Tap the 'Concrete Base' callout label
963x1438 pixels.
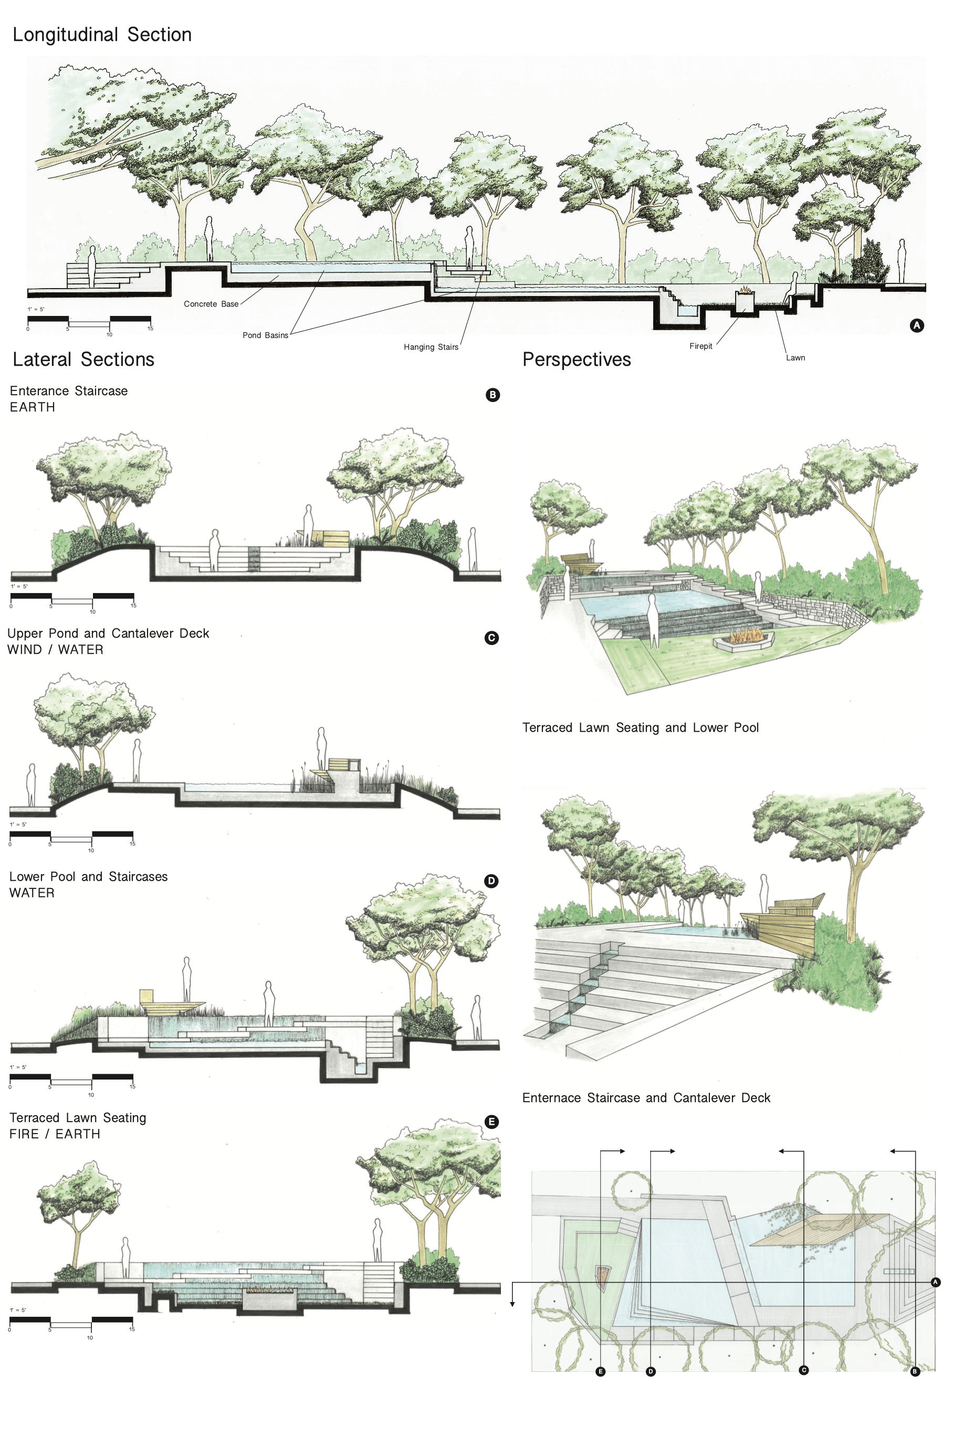(211, 304)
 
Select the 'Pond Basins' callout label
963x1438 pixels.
(265, 335)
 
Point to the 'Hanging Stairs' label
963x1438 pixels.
(431, 347)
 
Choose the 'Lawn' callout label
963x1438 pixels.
(795, 358)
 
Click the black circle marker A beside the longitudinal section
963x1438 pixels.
(916, 325)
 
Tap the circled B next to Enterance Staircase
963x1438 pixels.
(493, 395)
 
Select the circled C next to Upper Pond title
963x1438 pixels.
(491, 638)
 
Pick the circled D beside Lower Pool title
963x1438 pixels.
(491, 881)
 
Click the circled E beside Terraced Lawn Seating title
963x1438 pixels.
(491, 1122)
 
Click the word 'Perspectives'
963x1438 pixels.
(576, 359)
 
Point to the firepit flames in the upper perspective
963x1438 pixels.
(745, 635)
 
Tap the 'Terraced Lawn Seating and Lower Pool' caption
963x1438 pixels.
(640, 728)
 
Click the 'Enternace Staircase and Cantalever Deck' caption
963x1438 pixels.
(645, 1098)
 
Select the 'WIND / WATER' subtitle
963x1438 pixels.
(55, 650)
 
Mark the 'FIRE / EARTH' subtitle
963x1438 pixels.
(55, 1134)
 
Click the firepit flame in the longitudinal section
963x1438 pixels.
(745, 289)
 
